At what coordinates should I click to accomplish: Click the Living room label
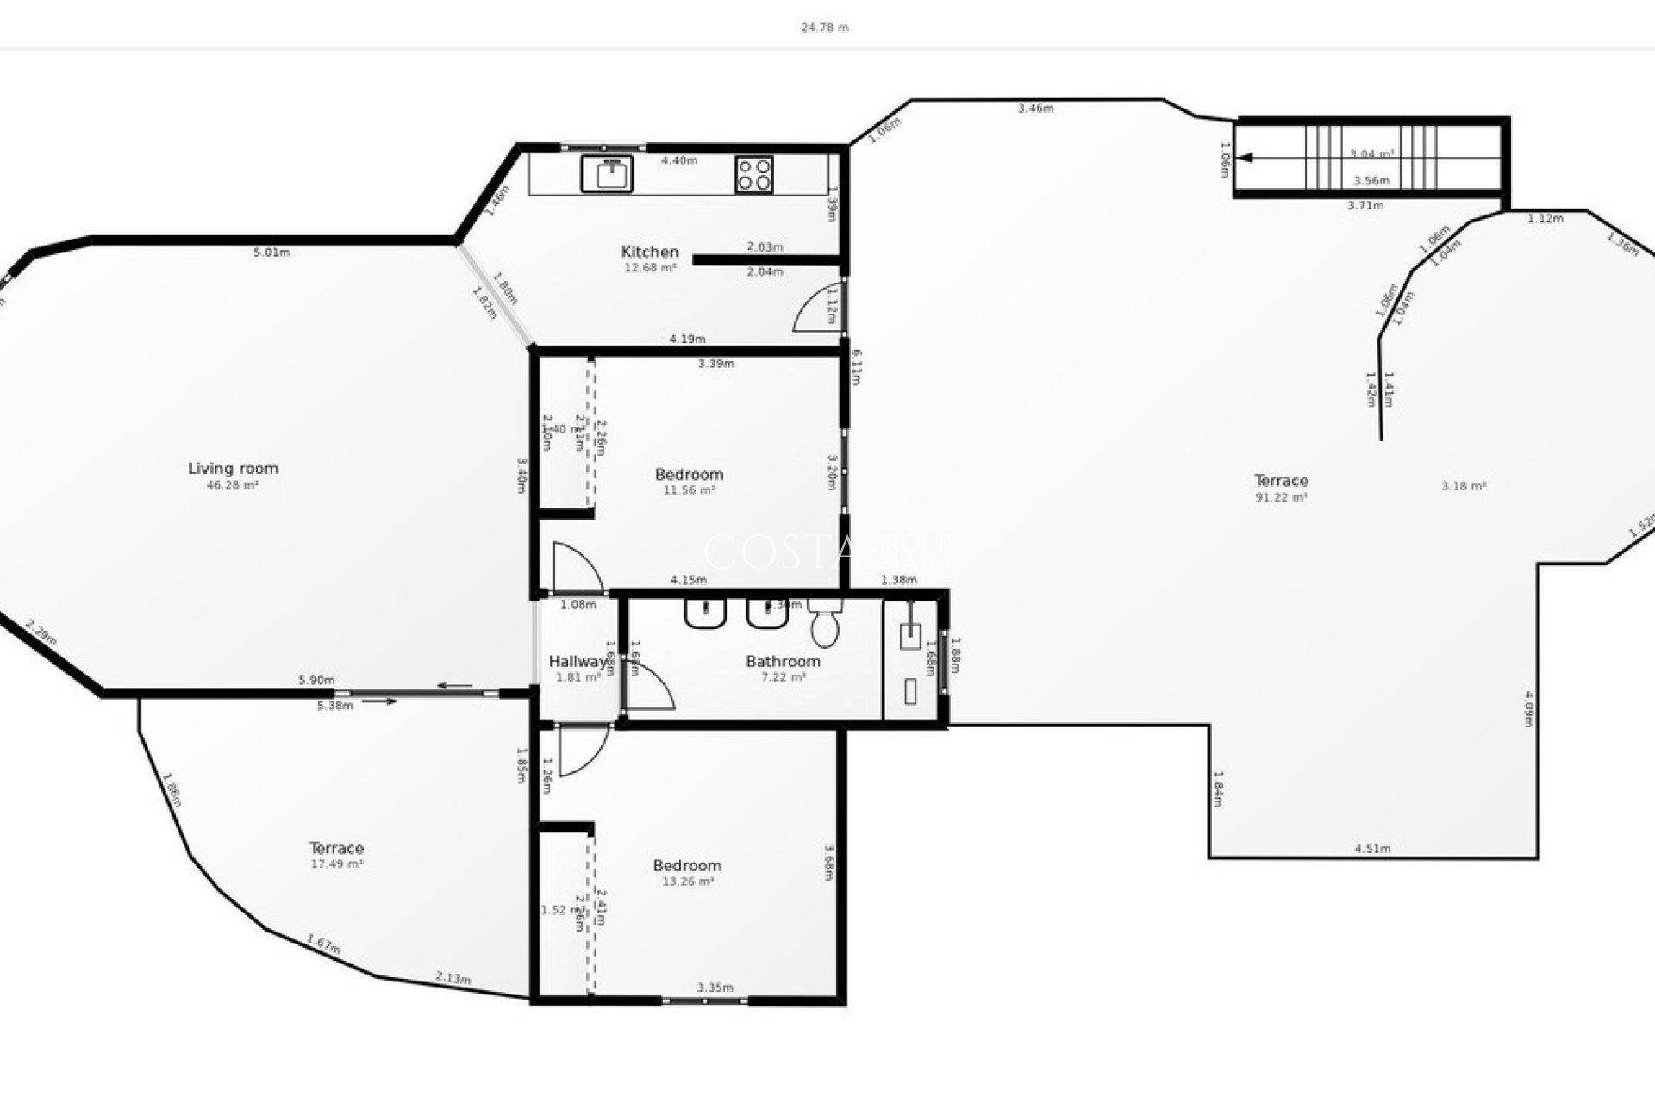(233, 469)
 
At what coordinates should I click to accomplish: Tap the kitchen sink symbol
(608, 173)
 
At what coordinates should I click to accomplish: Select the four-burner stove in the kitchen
(754, 174)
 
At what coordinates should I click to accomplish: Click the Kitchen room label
(650, 252)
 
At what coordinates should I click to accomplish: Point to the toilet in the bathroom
(825, 626)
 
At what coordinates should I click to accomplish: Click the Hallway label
(578, 662)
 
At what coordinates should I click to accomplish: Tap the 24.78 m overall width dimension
(825, 28)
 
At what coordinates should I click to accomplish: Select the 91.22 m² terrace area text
(1282, 497)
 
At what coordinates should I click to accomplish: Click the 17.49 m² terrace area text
(336, 863)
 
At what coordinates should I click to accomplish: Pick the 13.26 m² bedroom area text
(688, 882)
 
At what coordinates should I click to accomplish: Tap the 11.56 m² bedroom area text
(689, 490)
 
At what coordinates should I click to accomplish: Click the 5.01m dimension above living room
(272, 252)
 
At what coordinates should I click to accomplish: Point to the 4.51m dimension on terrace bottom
(1372, 849)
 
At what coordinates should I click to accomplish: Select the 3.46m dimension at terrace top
(1035, 109)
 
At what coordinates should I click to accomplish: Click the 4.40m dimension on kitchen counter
(679, 160)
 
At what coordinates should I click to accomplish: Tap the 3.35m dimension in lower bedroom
(715, 988)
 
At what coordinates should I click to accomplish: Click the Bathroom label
(783, 662)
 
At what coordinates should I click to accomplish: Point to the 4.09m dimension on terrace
(1528, 708)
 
